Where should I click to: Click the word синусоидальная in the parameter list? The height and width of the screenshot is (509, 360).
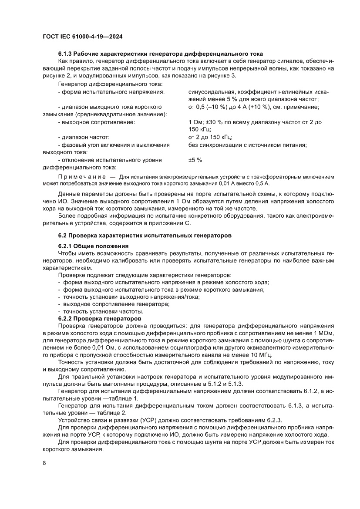pyautogui.click(x=210, y=92)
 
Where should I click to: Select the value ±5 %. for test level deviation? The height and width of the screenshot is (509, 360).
pyautogui.click(x=196, y=160)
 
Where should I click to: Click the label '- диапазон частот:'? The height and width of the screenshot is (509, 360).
pyautogui.click(x=83, y=137)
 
